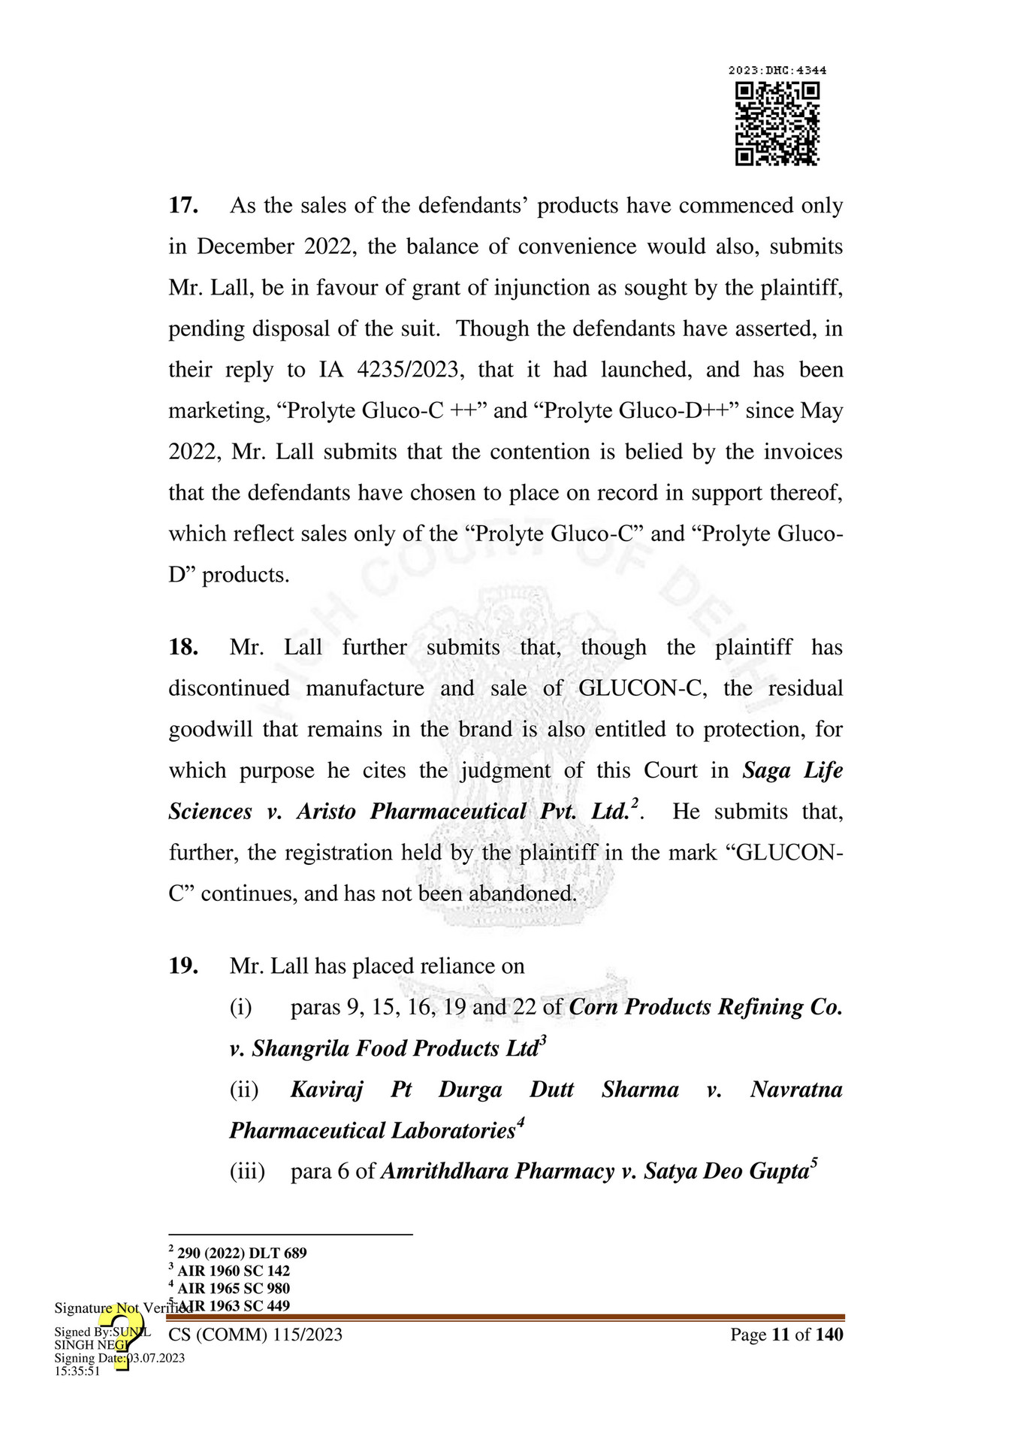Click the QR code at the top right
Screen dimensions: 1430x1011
pos(777,124)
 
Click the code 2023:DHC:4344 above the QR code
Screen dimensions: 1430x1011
pos(777,71)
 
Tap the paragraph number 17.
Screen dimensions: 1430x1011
pos(183,206)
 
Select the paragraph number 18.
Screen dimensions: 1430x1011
pos(183,648)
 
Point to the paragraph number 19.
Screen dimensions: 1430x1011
pos(183,966)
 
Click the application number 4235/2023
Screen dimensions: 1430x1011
pos(407,370)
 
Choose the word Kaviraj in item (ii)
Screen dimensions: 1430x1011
pos(327,1090)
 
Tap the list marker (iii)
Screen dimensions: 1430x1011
pos(247,1172)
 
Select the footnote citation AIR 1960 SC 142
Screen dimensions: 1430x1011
pos(234,1271)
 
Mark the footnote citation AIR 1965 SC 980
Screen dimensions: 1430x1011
pos(234,1289)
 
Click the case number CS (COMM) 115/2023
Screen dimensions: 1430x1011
pos(255,1335)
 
